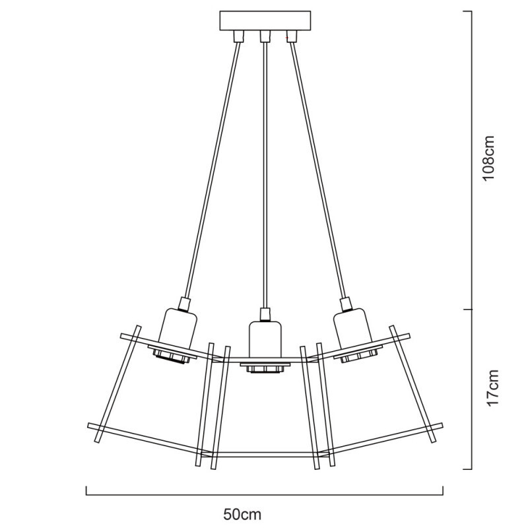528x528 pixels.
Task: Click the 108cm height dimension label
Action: (x=488, y=160)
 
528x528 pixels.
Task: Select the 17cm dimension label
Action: (x=488, y=389)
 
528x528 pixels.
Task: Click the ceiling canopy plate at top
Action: (x=264, y=20)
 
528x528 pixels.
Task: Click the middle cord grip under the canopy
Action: (x=264, y=36)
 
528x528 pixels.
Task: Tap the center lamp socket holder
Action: (x=264, y=341)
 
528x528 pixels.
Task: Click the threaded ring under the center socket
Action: (x=264, y=368)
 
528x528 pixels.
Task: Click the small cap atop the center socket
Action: (x=264, y=313)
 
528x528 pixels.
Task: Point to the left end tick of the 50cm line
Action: (x=87, y=491)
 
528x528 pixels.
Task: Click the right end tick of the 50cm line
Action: (x=442, y=491)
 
